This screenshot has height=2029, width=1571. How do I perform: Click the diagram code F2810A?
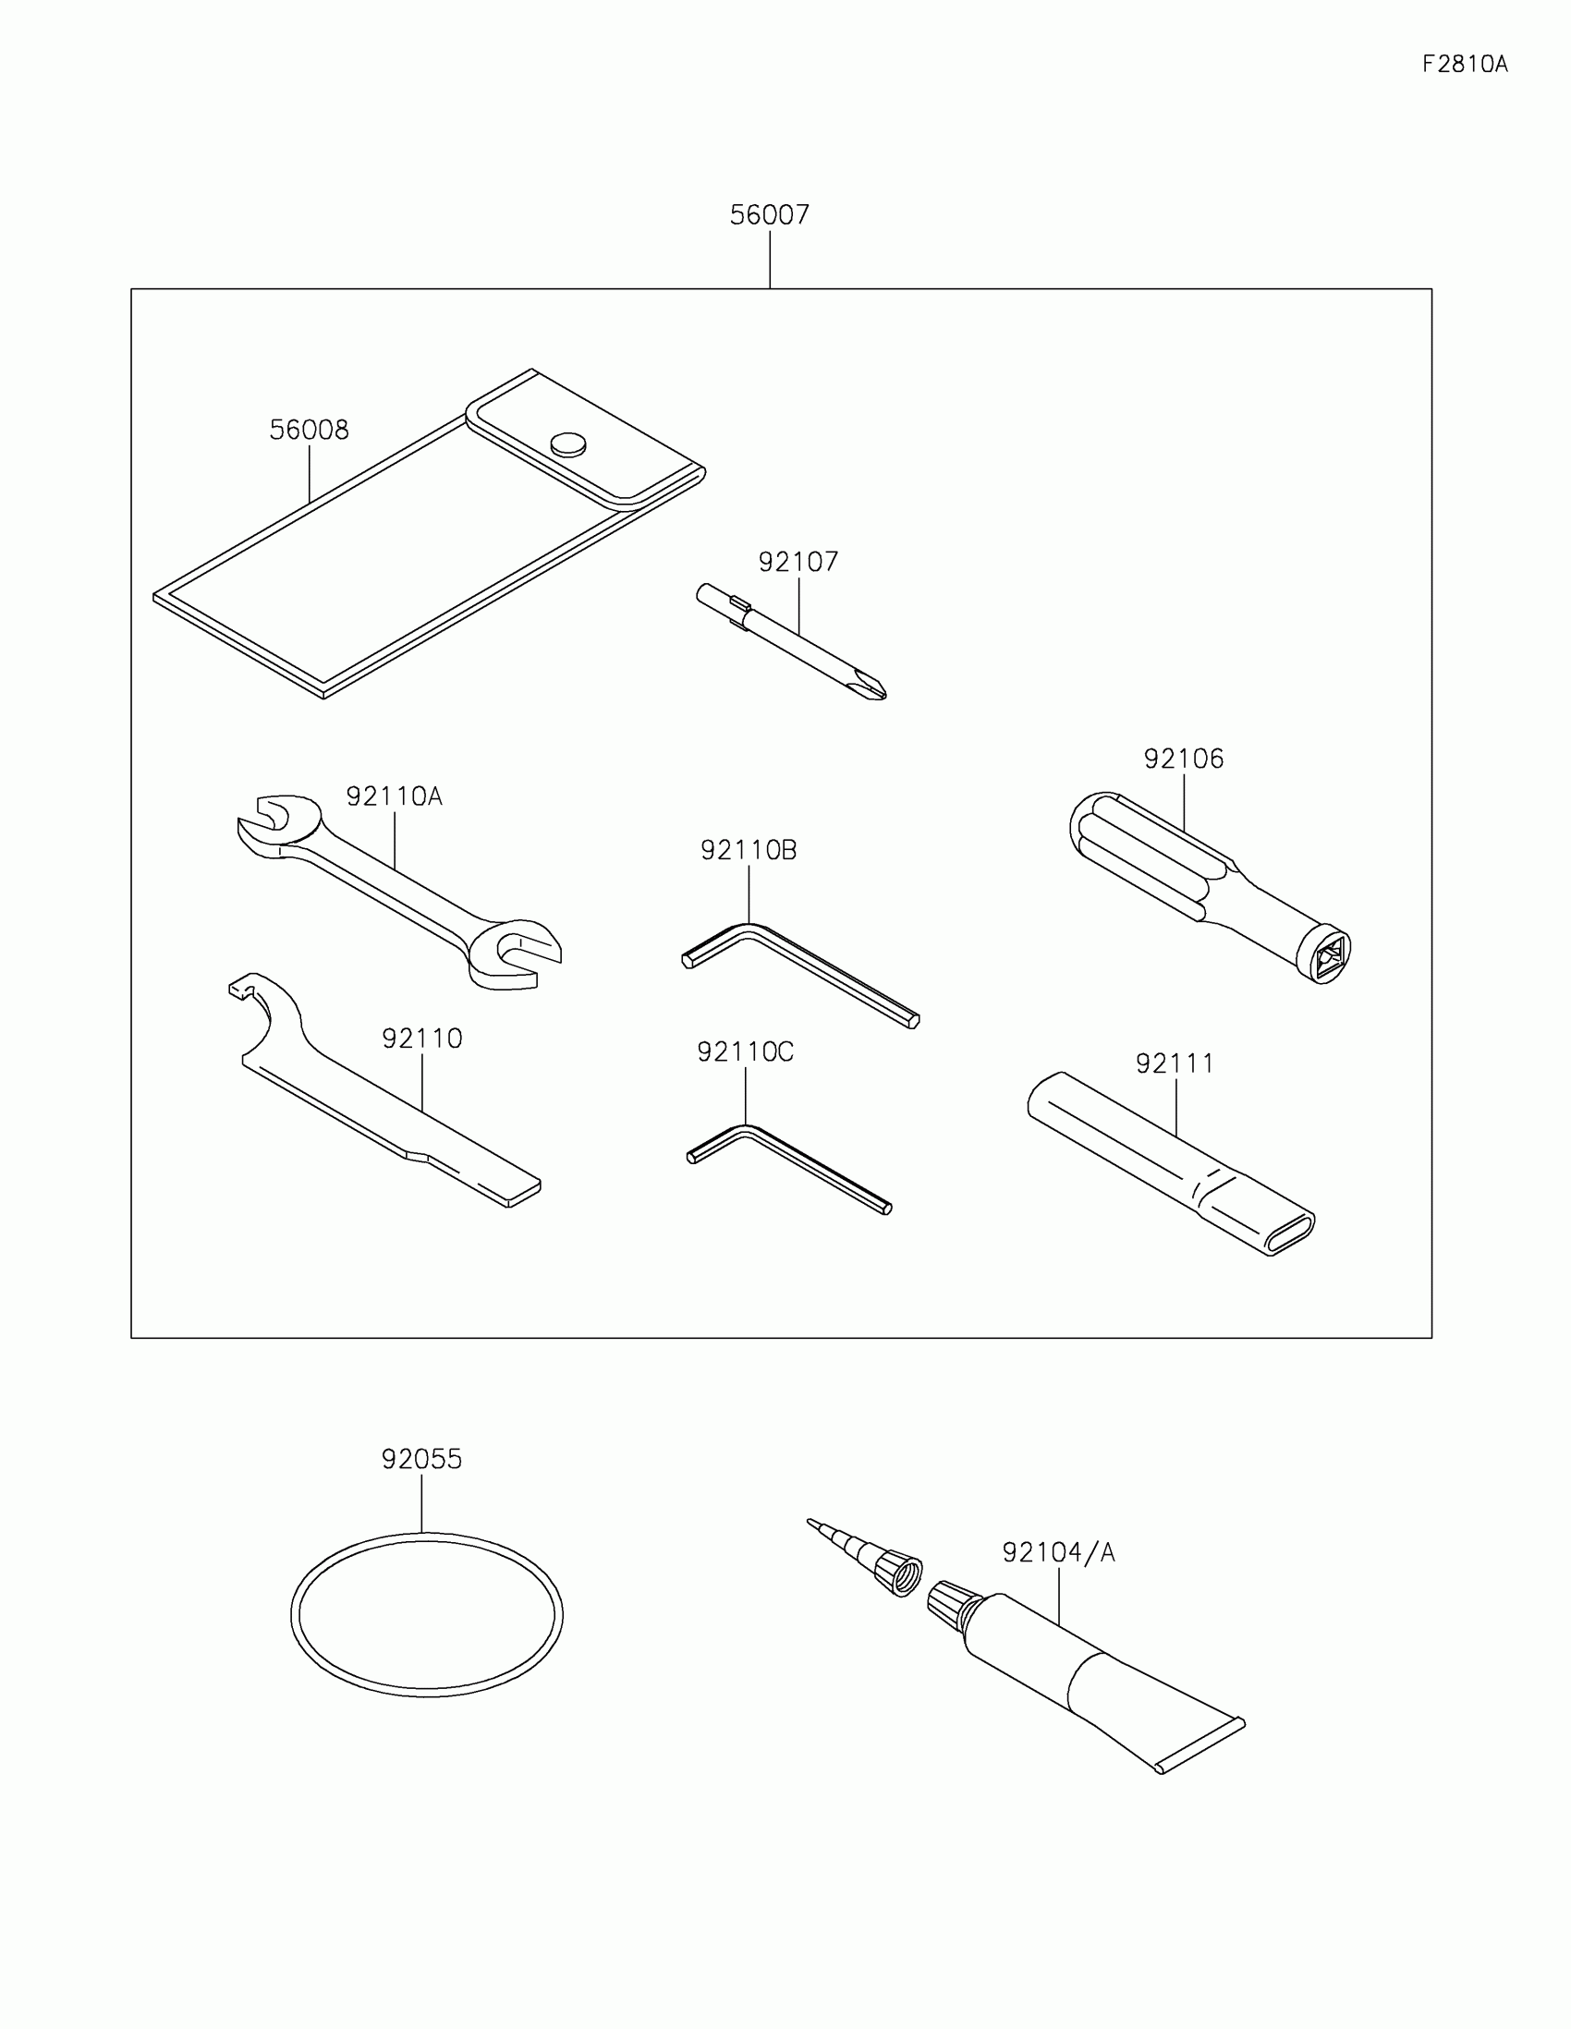coord(1464,64)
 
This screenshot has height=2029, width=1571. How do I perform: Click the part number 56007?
coord(769,214)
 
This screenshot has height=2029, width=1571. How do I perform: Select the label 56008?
coord(309,431)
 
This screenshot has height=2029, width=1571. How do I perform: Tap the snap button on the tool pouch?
coord(567,444)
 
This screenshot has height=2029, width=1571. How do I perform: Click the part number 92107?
coord(798,562)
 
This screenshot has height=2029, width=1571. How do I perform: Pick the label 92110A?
coord(394,796)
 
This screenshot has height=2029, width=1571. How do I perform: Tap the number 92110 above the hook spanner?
coord(421,1039)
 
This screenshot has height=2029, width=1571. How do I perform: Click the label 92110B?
coord(748,850)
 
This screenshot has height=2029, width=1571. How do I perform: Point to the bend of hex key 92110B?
coord(749,929)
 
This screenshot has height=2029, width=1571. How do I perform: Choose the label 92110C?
coord(745,1051)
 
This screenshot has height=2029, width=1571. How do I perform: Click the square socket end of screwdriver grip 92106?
coord(1328,954)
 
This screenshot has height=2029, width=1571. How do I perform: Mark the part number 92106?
coord(1184,759)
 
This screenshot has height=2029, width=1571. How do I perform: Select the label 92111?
coord(1175,1063)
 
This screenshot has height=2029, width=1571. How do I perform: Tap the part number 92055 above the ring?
coord(421,1460)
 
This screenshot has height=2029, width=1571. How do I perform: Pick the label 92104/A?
coord(1058,1552)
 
